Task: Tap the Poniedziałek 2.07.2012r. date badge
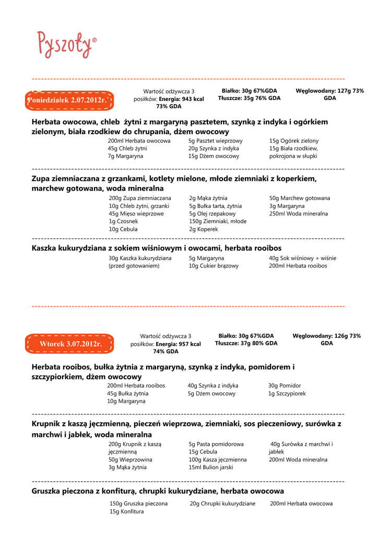pos(69,100)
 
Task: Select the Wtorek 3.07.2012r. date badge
pos(69,344)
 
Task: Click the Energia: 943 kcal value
pos(181,99)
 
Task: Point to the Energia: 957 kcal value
pos(178,344)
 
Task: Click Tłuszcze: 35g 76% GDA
pos(249,98)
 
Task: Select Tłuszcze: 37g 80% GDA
pos(246,343)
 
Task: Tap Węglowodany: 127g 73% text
pos(329,91)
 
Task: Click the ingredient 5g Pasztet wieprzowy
pos(215,141)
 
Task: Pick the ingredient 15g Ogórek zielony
pos(293,141)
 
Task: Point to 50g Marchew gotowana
pos(299,199)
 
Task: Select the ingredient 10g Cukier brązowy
pos(214,266)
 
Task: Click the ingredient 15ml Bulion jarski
pos(211,467)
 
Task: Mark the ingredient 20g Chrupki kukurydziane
pos(222,504)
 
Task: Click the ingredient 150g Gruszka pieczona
pos(138,504)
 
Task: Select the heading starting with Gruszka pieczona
pos(158,491)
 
